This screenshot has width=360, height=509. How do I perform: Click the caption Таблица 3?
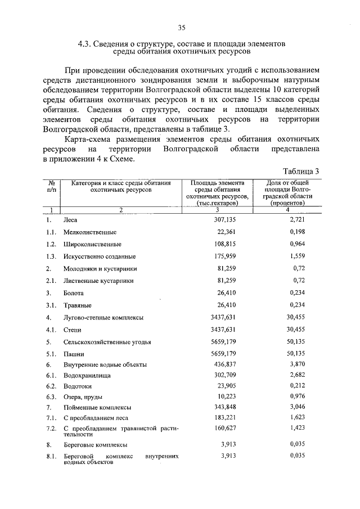[x=301, y=172]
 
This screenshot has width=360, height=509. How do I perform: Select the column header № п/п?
[x=51, y=186]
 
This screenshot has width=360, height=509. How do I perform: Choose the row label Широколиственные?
[x=92, y=245]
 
